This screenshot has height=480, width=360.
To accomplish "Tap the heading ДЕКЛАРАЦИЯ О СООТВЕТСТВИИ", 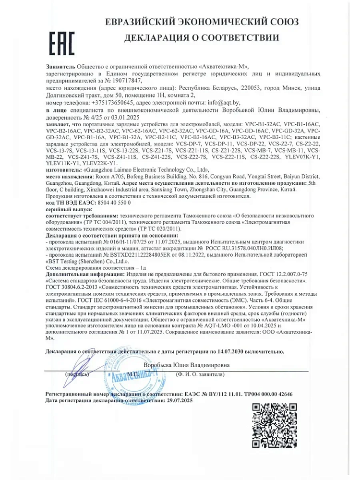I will (x=201, y=38).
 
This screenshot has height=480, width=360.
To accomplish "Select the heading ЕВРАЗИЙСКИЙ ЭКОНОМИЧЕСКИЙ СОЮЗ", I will (x=201, y=22).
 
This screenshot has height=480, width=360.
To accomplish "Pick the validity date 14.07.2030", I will (x=234, y=352).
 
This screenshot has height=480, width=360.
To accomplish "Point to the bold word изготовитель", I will (x=63, y=169).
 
